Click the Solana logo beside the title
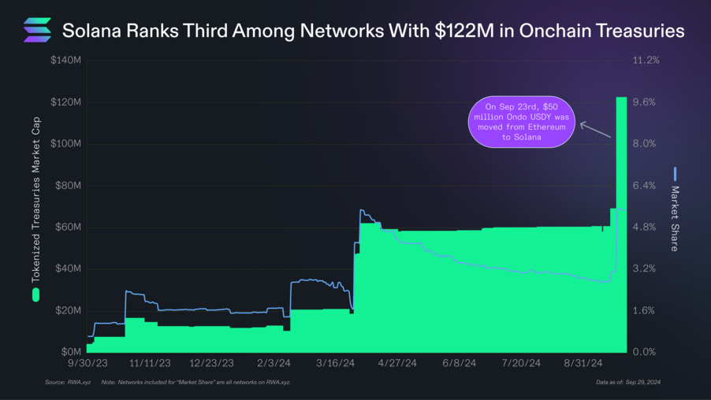click(x=37, y=30)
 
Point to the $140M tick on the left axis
click(x=65, y=61)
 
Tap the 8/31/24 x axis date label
click(x=585, y=364)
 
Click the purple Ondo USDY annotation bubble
click(x=521, y=121)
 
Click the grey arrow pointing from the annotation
click(x=596, y=130)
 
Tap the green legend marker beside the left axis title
click(x=36, y=295)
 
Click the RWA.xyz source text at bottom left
click(x=76, y=383)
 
